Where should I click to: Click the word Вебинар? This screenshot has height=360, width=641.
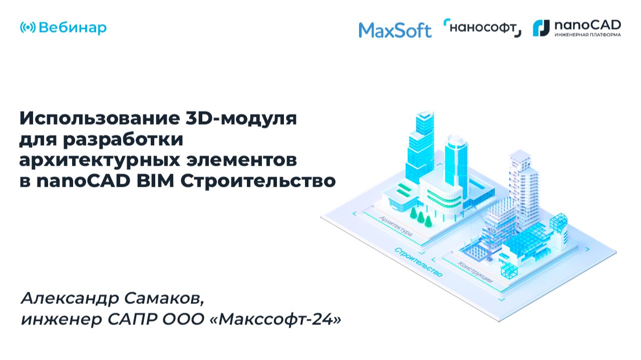pos(72,28)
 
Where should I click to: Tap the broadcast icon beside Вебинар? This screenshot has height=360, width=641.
pos(28,28)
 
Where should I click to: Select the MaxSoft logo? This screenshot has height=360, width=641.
pos(395,31)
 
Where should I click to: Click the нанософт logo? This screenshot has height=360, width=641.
pos(482,28)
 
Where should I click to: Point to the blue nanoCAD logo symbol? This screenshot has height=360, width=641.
pos(541,28)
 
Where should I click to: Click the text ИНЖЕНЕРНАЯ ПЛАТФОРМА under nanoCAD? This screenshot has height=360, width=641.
pos(587,35)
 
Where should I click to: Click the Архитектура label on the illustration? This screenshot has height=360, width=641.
pos(396,226)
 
